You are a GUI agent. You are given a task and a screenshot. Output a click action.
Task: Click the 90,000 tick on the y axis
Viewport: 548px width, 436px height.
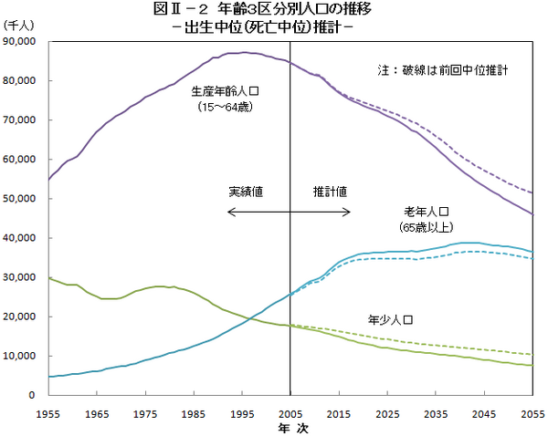tap(19, 41)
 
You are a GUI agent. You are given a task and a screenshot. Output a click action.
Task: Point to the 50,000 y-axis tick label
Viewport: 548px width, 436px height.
tap(19, 199)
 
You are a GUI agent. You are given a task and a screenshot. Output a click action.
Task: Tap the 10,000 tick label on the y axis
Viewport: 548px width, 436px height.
tap(19, 356)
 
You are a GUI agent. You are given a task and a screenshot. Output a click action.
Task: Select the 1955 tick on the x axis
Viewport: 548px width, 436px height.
tap(48, 412)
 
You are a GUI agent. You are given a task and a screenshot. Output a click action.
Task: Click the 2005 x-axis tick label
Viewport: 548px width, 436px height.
tap(290, 412)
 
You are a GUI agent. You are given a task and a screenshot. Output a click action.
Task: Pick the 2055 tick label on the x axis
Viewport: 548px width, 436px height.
tap(530, 412)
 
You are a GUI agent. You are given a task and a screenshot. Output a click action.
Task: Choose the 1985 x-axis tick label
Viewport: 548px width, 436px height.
tap(193, 412)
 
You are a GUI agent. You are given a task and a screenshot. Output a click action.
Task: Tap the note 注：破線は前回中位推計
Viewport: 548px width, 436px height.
tap(442, 69)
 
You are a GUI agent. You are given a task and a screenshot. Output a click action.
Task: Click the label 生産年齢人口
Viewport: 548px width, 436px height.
tap(224, 92)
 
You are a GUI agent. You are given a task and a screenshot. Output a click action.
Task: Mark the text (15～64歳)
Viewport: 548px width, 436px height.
tap(224, 107)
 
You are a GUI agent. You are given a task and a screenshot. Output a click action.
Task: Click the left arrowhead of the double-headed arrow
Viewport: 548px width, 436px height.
tap(229, 212)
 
